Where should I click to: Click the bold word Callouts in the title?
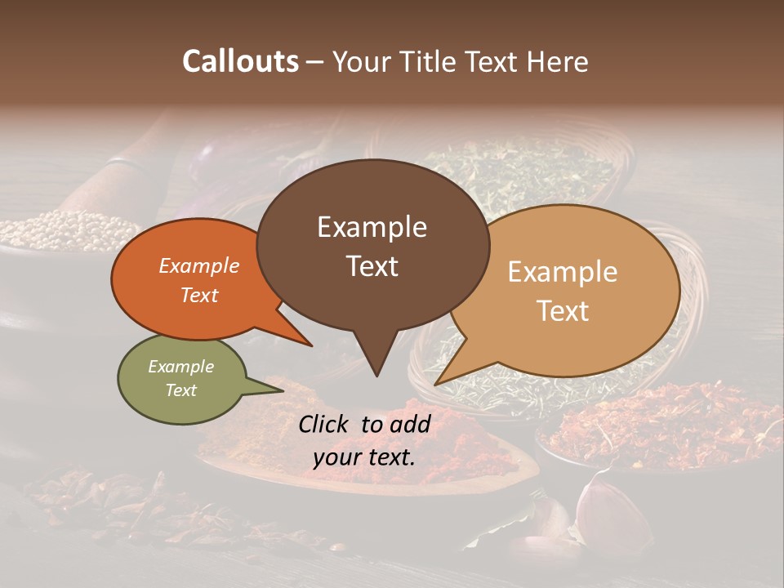click(240, 61)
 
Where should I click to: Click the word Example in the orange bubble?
click(199, 265)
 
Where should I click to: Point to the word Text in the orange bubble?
click(199, 295)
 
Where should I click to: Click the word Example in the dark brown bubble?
click(372, 227)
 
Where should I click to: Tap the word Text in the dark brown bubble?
click(372, 266)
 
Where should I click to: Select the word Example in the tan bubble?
click(563, 272)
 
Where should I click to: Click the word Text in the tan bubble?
click(563, 310)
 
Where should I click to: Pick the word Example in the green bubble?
click(180, 367)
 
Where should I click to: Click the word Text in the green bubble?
click(180, 390)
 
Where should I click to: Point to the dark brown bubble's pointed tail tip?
click(376, 376)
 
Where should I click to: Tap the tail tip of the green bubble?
click(283, 390)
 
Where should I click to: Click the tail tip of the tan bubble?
click(435, 384)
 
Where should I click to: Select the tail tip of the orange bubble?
click(312, 345)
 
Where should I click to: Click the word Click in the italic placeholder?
click(325, 424)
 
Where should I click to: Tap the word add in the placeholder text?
click(412, 424)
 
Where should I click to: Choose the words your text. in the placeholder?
click(364, 457)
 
